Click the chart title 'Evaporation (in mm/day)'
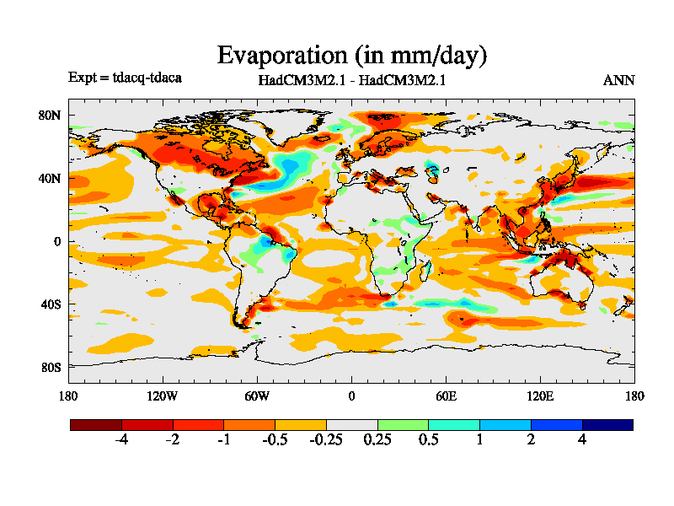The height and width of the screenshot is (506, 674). coord(352,56)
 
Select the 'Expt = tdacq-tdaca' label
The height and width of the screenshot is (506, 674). coord(125,78)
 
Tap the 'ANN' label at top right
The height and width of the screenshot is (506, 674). coord(618,81)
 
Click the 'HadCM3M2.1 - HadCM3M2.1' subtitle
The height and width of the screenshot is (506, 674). coord(351,81)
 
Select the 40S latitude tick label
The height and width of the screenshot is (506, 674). coord(51,304)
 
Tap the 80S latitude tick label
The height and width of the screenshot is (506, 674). coord(51,367)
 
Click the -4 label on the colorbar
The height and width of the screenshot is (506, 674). coord(121,440)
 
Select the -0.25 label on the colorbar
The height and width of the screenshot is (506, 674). coord(325,440)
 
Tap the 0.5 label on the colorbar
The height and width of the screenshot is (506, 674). coord(428,440)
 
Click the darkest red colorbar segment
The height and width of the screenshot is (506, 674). coord(95,425)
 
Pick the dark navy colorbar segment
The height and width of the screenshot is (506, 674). coord(607,425)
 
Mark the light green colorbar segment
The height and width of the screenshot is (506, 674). coord(403,425)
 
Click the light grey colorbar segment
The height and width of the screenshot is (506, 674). coord(351,425)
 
